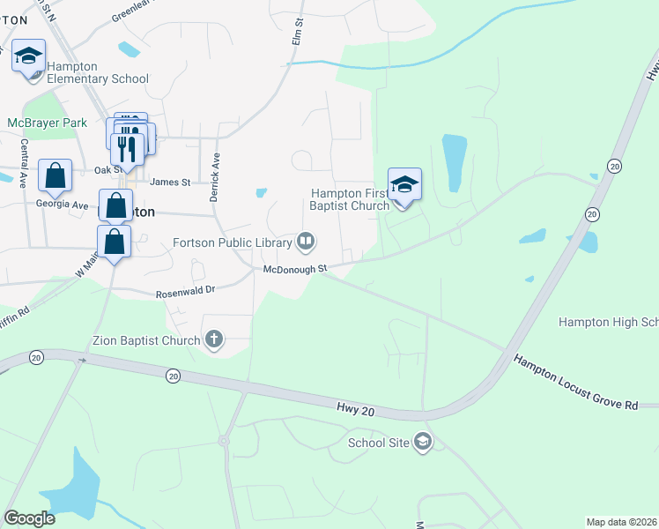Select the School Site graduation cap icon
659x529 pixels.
tap(423, 441)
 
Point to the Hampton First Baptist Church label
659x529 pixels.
tap(349, 199)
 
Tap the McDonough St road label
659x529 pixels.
tap(295, 268)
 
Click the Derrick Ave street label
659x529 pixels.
tap(214, 176)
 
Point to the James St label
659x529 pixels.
tap(170, 183)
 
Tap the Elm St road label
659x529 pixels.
tap(298, 34)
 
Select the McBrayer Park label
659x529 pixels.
tap(47, 123)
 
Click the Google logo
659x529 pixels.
tap(29, 518)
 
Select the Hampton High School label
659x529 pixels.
tap(608, 323)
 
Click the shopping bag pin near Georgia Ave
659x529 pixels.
tap(55, 175)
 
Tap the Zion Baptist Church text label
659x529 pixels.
tap(145, 339)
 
